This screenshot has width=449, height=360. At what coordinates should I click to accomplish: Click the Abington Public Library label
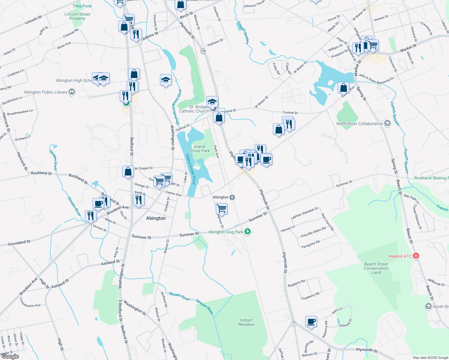pos(46,92)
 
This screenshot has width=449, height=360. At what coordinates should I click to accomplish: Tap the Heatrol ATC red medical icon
pos(416,256)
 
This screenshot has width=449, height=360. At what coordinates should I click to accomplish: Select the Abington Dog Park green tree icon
pos(248,232)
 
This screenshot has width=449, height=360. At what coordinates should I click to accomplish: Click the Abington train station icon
pos(232,197)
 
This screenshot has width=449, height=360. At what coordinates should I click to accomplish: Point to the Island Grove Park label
pos(200,148)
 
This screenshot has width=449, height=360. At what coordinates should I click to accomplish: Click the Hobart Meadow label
pos(246,322)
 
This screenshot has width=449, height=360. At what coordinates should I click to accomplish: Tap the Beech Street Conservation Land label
pos(376,268)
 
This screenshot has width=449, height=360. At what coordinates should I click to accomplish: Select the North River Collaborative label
pos(360,124)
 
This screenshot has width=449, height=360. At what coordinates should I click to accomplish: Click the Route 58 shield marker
pos(203,51)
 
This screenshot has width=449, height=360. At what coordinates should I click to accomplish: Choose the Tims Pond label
pos(82,6)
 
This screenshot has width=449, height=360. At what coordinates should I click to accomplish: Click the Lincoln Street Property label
pos(77,16)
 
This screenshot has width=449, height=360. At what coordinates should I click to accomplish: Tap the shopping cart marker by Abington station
pos(221,208)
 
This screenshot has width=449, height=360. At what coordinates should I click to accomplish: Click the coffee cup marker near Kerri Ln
pos(311,321)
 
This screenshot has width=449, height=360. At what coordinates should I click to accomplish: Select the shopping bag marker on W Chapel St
pos(128,172)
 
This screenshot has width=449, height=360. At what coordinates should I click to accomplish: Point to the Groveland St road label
pos(19,243)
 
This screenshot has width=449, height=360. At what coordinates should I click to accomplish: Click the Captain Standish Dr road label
pos(304,213)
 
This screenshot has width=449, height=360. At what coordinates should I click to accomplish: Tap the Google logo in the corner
pos(10,356)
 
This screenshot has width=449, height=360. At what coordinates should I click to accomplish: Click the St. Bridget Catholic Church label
pos(194,109)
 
